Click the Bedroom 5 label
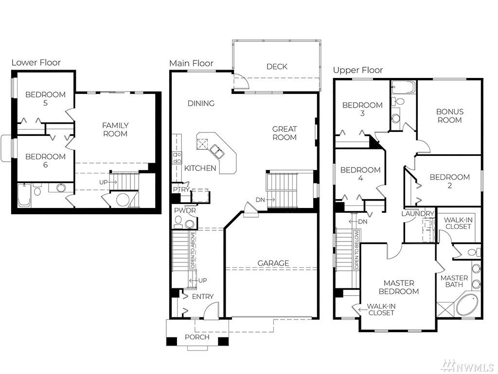pos(45,98)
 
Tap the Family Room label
pos(115,130)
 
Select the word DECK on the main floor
pos(277,66)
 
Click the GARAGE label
pos(273,263)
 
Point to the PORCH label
pos(197,337)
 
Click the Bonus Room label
pos(450,116)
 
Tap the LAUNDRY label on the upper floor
pos(418,213)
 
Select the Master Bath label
pos(454,281)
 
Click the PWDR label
pos(185,210)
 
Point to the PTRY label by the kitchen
pos(181,189)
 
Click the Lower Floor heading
pos(36,63)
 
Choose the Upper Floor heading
pos(358,70)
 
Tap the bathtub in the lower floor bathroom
pos(24,195)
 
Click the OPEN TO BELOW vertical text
pos(356,250)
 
